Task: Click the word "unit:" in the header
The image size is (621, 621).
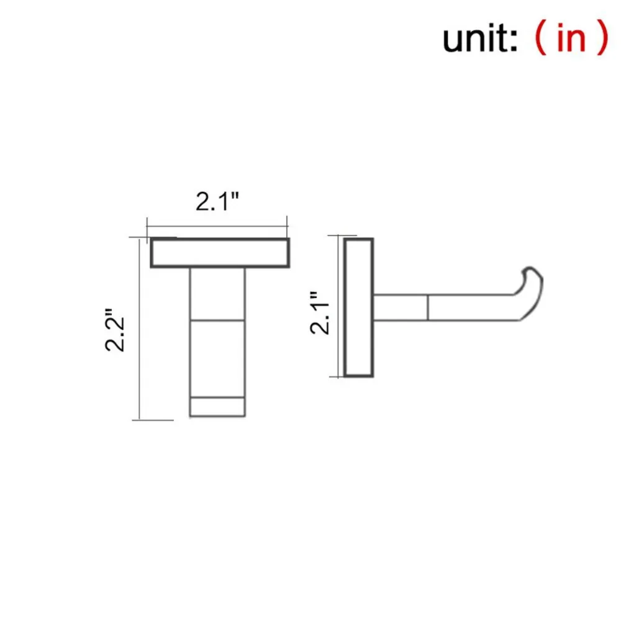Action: click(479, 38)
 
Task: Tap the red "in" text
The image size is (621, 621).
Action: click(571, 37)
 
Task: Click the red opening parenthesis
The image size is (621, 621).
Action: click(541, 39)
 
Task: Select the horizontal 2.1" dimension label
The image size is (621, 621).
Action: click(217, 201)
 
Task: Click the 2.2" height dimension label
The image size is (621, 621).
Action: click(115, 330)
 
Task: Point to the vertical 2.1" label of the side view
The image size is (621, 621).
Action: click(320, 313)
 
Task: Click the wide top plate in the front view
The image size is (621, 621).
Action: click(220, 253)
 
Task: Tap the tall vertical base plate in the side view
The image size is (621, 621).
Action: click(358, 307)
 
